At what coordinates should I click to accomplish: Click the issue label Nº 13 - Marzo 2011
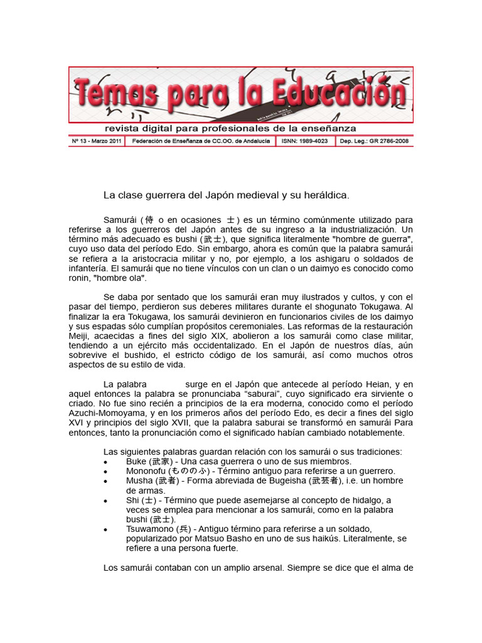click(x=97, y=141)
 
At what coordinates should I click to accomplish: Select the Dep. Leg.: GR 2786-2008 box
click(x=374, y=141)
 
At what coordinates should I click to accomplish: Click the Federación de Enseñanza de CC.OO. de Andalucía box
click(x=200, y=141)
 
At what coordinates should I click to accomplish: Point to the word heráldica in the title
click(x=325, y=195)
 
